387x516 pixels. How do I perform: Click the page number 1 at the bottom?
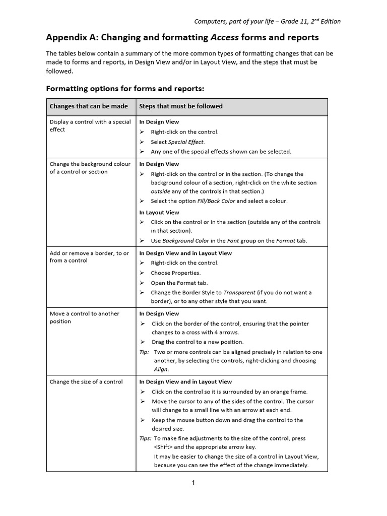tap(193, 483)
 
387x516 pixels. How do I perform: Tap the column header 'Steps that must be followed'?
tap(181, 106)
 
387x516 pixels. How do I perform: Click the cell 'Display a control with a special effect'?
tap(90, 125)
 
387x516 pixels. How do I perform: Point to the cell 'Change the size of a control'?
tap(86, 382)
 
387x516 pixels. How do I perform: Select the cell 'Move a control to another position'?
tap(85, 317)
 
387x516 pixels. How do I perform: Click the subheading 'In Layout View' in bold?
tap(159, 213)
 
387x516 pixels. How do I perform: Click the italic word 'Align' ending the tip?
tap(161, 369)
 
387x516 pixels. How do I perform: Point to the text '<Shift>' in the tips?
tap(163, 447)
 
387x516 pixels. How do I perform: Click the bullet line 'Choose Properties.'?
tap(175, 273)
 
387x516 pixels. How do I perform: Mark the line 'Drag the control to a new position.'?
tap(198, 342)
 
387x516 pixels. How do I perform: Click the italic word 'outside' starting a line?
tap(161, 191)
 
